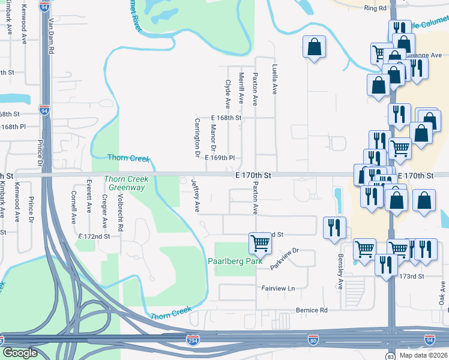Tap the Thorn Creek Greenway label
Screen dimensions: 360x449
125,184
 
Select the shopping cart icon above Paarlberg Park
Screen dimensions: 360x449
260,243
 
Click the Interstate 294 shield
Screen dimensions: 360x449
193,339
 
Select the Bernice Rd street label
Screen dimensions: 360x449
312,310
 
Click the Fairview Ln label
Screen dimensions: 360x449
278,288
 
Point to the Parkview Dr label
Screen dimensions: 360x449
284,258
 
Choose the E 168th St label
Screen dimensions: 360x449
226,118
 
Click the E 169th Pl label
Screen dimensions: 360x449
219,158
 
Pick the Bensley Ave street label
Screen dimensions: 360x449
340,275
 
